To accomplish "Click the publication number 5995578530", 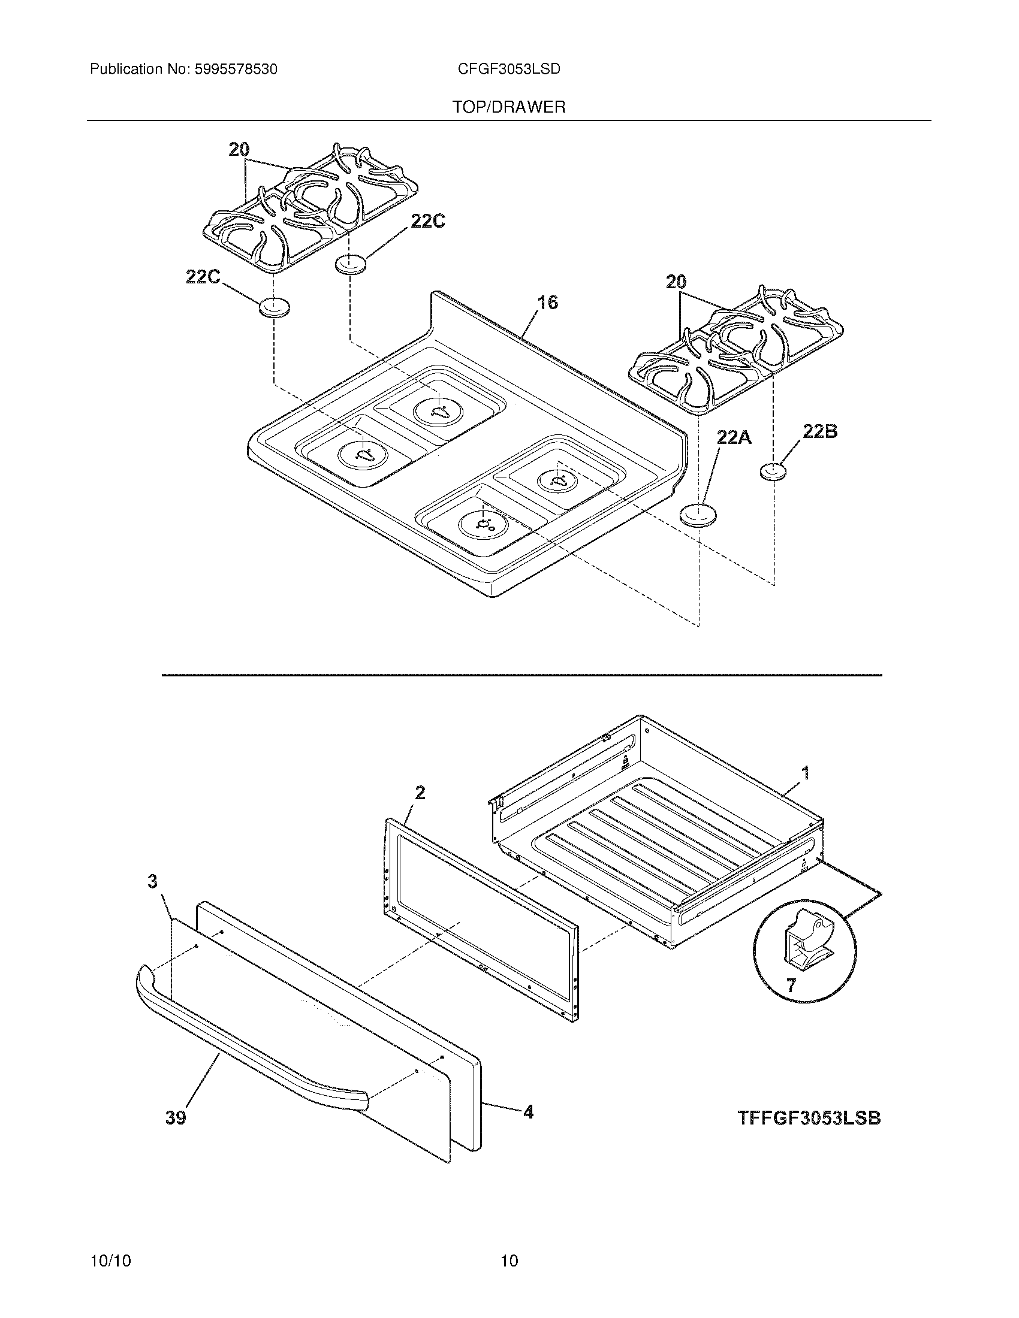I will point(235,69).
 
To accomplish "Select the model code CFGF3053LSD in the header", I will point(509,69).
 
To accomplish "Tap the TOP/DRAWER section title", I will point(509,107).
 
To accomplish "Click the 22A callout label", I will point(734,436).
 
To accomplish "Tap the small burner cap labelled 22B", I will point(773,472).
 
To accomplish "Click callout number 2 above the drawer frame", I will point(420,793).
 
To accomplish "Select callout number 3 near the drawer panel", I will point(153,882).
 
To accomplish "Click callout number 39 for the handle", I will point(176,1118).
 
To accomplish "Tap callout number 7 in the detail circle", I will point(791,986).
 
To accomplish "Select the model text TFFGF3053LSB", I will point(809,1118).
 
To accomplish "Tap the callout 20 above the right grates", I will point(676,281).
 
